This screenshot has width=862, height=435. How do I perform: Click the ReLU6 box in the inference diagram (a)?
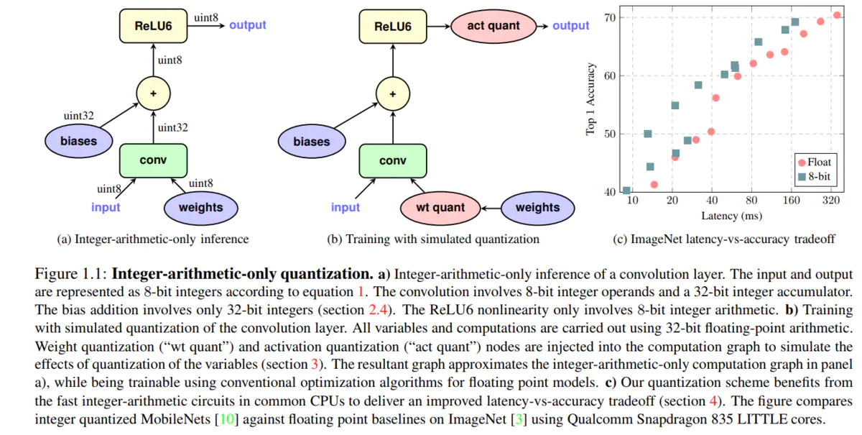point(152,26)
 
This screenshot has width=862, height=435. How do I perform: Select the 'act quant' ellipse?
point(493,26)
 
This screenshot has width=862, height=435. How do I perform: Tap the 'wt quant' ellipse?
point(440,208)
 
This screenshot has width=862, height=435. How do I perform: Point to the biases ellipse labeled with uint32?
point(79,141)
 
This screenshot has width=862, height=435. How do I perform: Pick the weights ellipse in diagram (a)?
point(200,208)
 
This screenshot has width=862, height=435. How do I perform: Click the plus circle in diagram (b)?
point(392,93)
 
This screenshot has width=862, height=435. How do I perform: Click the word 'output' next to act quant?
point(571,26)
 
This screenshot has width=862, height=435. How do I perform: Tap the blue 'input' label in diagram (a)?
point(106,208)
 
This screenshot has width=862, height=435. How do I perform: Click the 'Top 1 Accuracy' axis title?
point(590,99)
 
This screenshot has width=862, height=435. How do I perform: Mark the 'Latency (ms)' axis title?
point(732,215)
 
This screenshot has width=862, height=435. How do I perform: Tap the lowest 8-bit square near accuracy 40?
point(626,191)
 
